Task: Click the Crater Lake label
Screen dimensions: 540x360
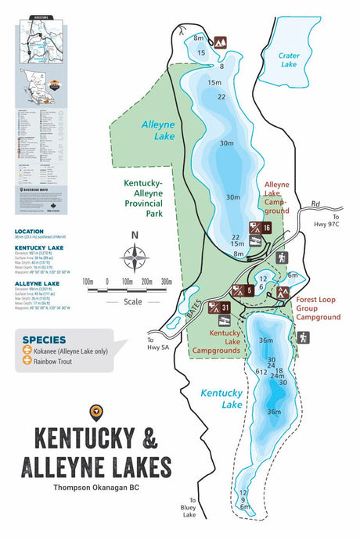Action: pyautogui.click(x=289, y=59)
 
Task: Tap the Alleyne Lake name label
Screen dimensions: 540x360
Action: pyautogui.click(x=158, y=130)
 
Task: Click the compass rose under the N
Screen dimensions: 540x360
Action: pyautogui.click(x=135, y=256)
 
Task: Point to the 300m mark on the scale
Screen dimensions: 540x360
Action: pyautogui.click(x=166, y=281)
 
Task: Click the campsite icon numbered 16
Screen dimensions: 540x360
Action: pyautogui.click(x=261, y=228)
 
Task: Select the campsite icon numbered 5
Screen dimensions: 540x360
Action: pyautogui.click(x=243, y=289)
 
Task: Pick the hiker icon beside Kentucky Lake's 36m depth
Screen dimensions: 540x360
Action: pyautogui.click(x=303, y=337)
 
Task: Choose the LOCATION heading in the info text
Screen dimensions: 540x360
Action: pyautogui.click(x=30, y=232)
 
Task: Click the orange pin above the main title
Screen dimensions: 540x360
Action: pyautogui.click(x=97, y=409)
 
